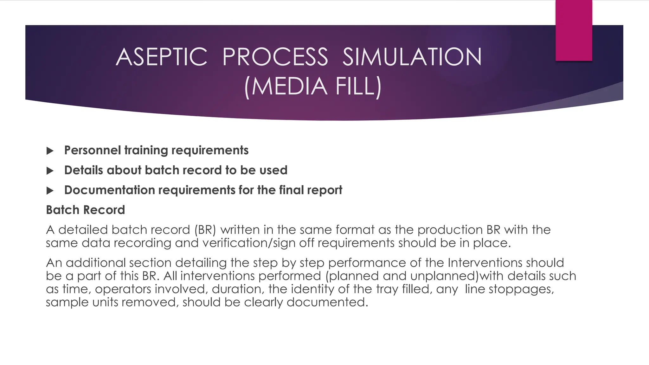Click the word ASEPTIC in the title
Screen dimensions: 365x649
tap(162, 57)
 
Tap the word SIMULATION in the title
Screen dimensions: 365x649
tap(412, 57)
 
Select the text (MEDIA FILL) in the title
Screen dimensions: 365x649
tap(313, 86)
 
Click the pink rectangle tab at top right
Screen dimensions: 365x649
tap(574, 31)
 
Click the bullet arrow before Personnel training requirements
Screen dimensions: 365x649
tap(50, 151)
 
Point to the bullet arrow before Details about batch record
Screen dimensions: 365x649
tap(50, 171)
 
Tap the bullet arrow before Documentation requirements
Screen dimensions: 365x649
tap(50, 191)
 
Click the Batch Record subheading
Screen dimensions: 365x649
tap(86, 210)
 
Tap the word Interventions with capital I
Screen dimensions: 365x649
tap(485, 263)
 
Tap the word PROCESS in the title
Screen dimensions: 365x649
tap(275, 57)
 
